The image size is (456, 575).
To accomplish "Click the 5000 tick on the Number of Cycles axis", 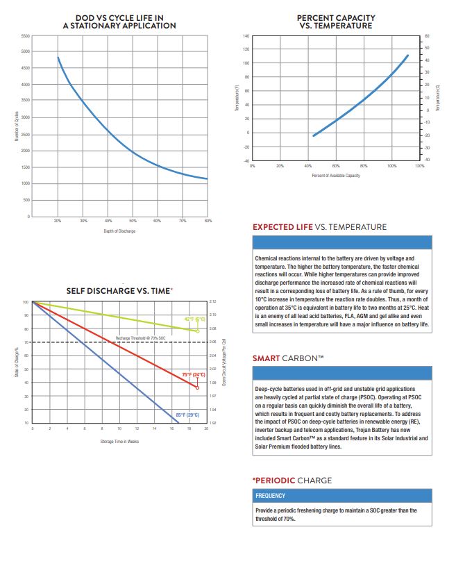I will pos(26,51).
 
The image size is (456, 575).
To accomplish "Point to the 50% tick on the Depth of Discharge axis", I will pos(133,220).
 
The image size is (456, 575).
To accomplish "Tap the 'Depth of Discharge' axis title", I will pos(120,231).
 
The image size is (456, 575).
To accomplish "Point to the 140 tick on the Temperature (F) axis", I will pos(246,35).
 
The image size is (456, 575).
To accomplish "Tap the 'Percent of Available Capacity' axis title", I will pos(336,176).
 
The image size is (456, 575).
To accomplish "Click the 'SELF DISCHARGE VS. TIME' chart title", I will pos(119,290).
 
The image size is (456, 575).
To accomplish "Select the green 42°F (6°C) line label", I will pos(194,319).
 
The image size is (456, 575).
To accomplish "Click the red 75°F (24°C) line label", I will pos(194,374).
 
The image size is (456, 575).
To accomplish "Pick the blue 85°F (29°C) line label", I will pos(187,415).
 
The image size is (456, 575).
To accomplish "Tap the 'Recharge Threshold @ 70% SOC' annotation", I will pos(141,337).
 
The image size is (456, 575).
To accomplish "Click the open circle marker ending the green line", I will pos(198,331).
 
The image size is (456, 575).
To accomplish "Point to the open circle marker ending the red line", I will pos(198,387).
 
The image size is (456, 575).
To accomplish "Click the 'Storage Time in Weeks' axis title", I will pos(119,440).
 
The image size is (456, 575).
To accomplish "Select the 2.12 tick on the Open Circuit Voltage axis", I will pos(212,302).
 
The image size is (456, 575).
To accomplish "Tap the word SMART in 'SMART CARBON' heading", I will pos(267,359).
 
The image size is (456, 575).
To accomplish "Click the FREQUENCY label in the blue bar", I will pos(270,496).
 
